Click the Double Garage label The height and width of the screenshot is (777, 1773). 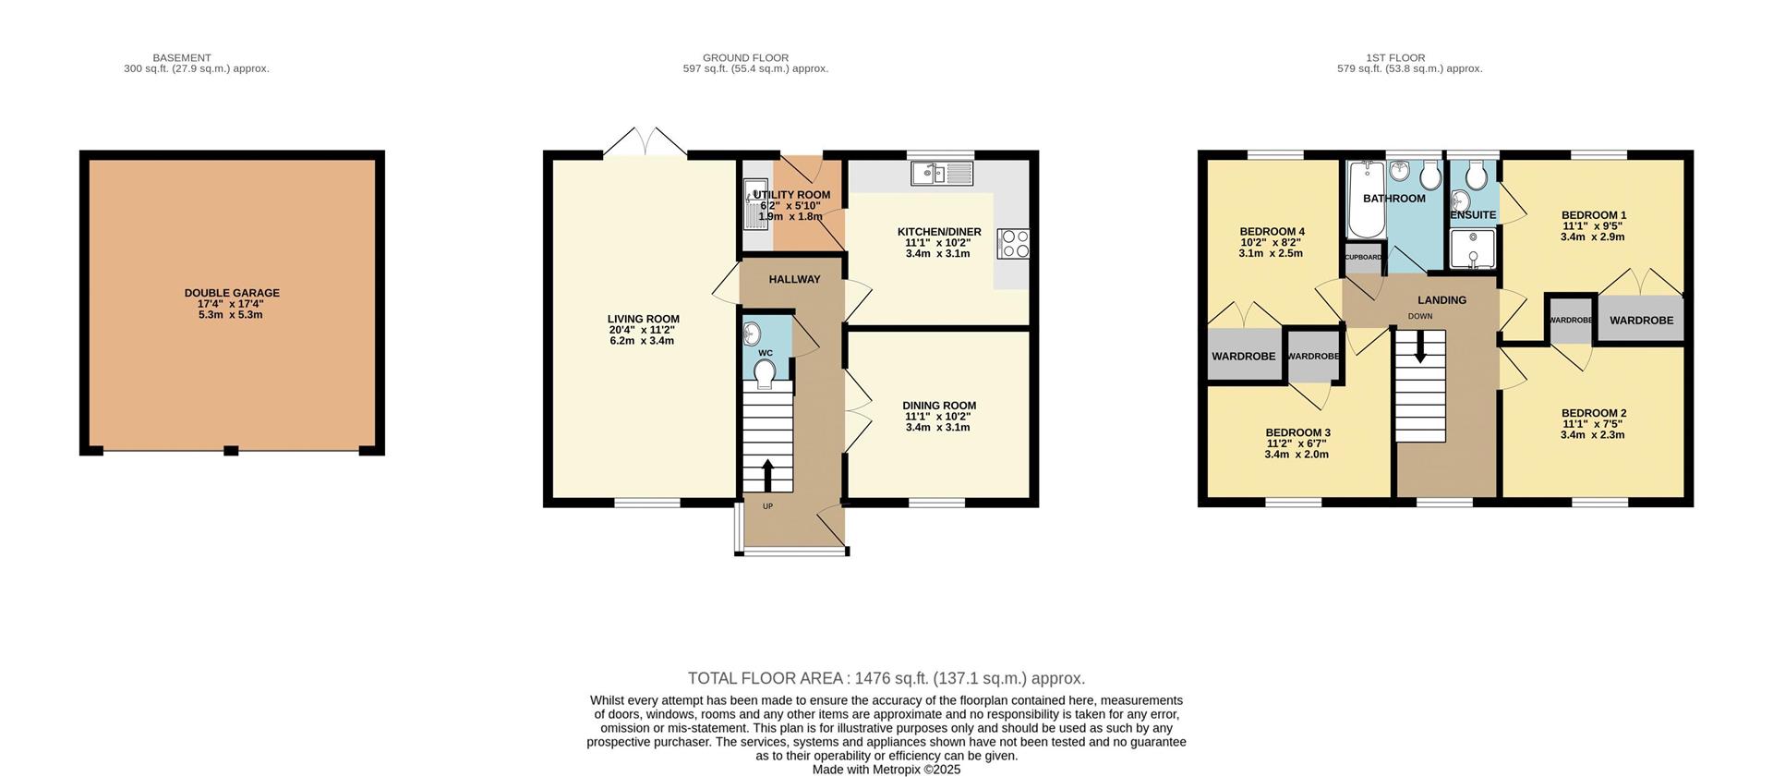pos(232,293)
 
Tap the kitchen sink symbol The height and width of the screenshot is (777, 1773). pos(941,173)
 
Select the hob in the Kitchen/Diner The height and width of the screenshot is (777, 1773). pos(1013,244)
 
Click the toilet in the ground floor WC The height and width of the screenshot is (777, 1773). pos(765,373)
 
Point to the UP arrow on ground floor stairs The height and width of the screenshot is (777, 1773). pos(767,475)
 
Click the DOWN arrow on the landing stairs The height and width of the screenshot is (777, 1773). pos(1419,349)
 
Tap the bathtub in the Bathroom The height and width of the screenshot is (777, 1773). pos(1365,200)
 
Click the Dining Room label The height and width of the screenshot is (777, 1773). pos(939,406)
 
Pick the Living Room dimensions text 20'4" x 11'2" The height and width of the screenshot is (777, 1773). pos(643,330)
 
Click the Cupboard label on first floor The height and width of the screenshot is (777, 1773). pos(1362,258)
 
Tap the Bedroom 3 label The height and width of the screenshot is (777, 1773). pos(1297,432)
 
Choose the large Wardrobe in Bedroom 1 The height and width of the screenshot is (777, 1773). pos(1641,320)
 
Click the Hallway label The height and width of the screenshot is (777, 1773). pos(794,279)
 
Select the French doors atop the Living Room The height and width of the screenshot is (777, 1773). pos(645,143)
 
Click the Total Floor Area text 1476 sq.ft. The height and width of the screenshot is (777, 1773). pos(886,678)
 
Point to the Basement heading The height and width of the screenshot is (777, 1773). pos(182,57)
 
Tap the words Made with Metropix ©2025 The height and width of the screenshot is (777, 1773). pos(886,770)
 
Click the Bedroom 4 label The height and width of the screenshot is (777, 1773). pos(1272,231)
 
